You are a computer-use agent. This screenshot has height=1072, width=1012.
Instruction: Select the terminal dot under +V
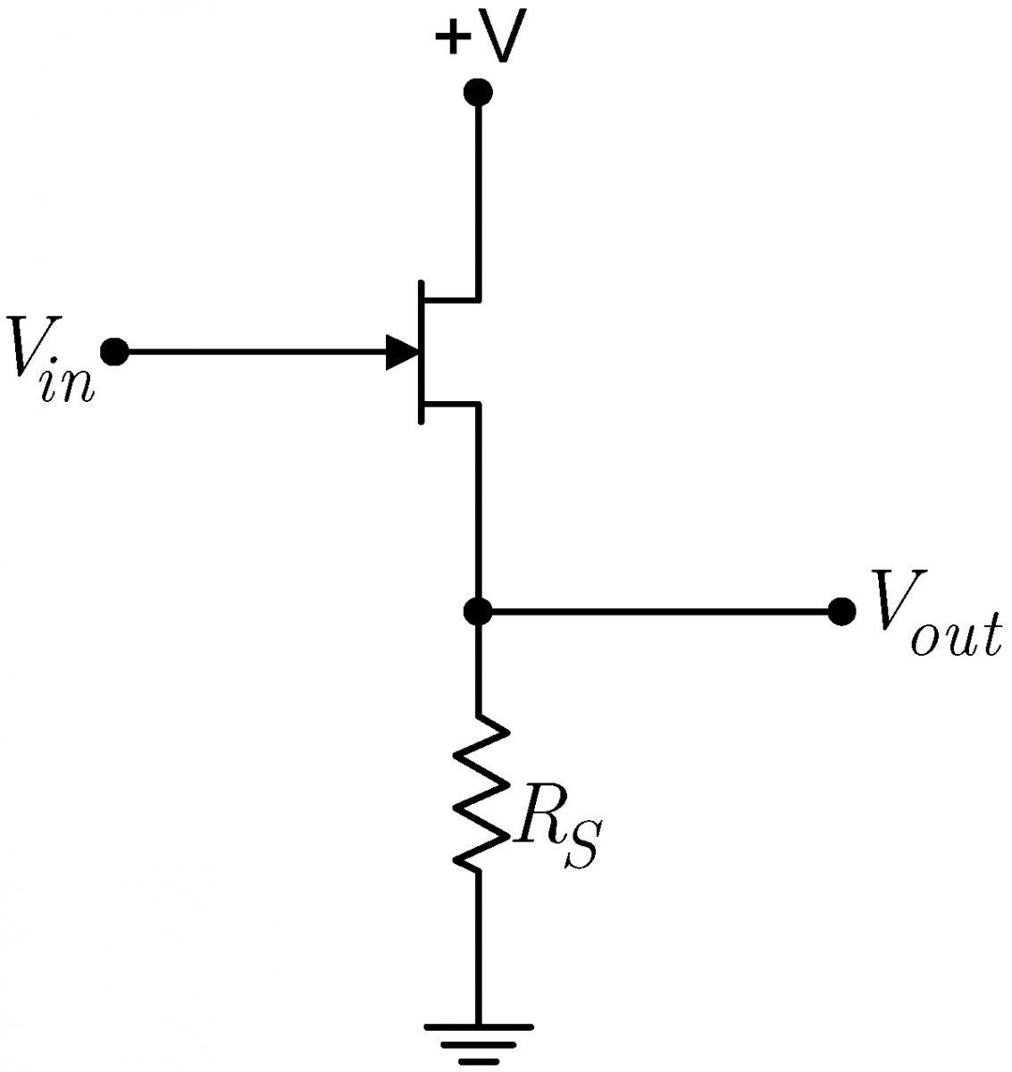coord(479,92)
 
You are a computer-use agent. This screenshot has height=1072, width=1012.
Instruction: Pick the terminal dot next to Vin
coord(114,352)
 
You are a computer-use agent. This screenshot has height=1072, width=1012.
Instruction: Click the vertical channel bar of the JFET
coord(420,352)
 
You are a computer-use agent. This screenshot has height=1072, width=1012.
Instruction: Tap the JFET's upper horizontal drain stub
coord(451,298)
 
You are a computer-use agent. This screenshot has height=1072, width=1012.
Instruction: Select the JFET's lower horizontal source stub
coord(451,405)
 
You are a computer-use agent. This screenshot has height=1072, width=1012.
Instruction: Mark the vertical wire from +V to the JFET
coord(479,197)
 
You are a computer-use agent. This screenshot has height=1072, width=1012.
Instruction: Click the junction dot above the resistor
coord(479,612)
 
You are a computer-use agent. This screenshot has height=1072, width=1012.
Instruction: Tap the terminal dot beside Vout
coord(841,612)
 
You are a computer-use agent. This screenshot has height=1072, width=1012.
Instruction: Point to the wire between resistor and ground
coord(479,947)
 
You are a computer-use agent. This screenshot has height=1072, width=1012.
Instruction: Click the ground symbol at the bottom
coord(479,1043)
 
